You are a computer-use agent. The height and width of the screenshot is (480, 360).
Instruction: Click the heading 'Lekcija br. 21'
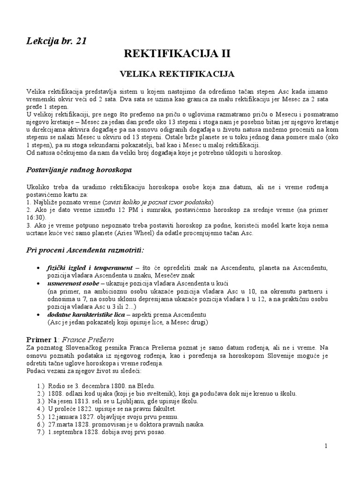[56, 41]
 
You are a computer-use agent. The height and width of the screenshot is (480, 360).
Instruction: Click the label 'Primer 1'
[40, 339]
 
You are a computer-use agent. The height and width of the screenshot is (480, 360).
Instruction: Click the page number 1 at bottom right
[325, 445]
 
